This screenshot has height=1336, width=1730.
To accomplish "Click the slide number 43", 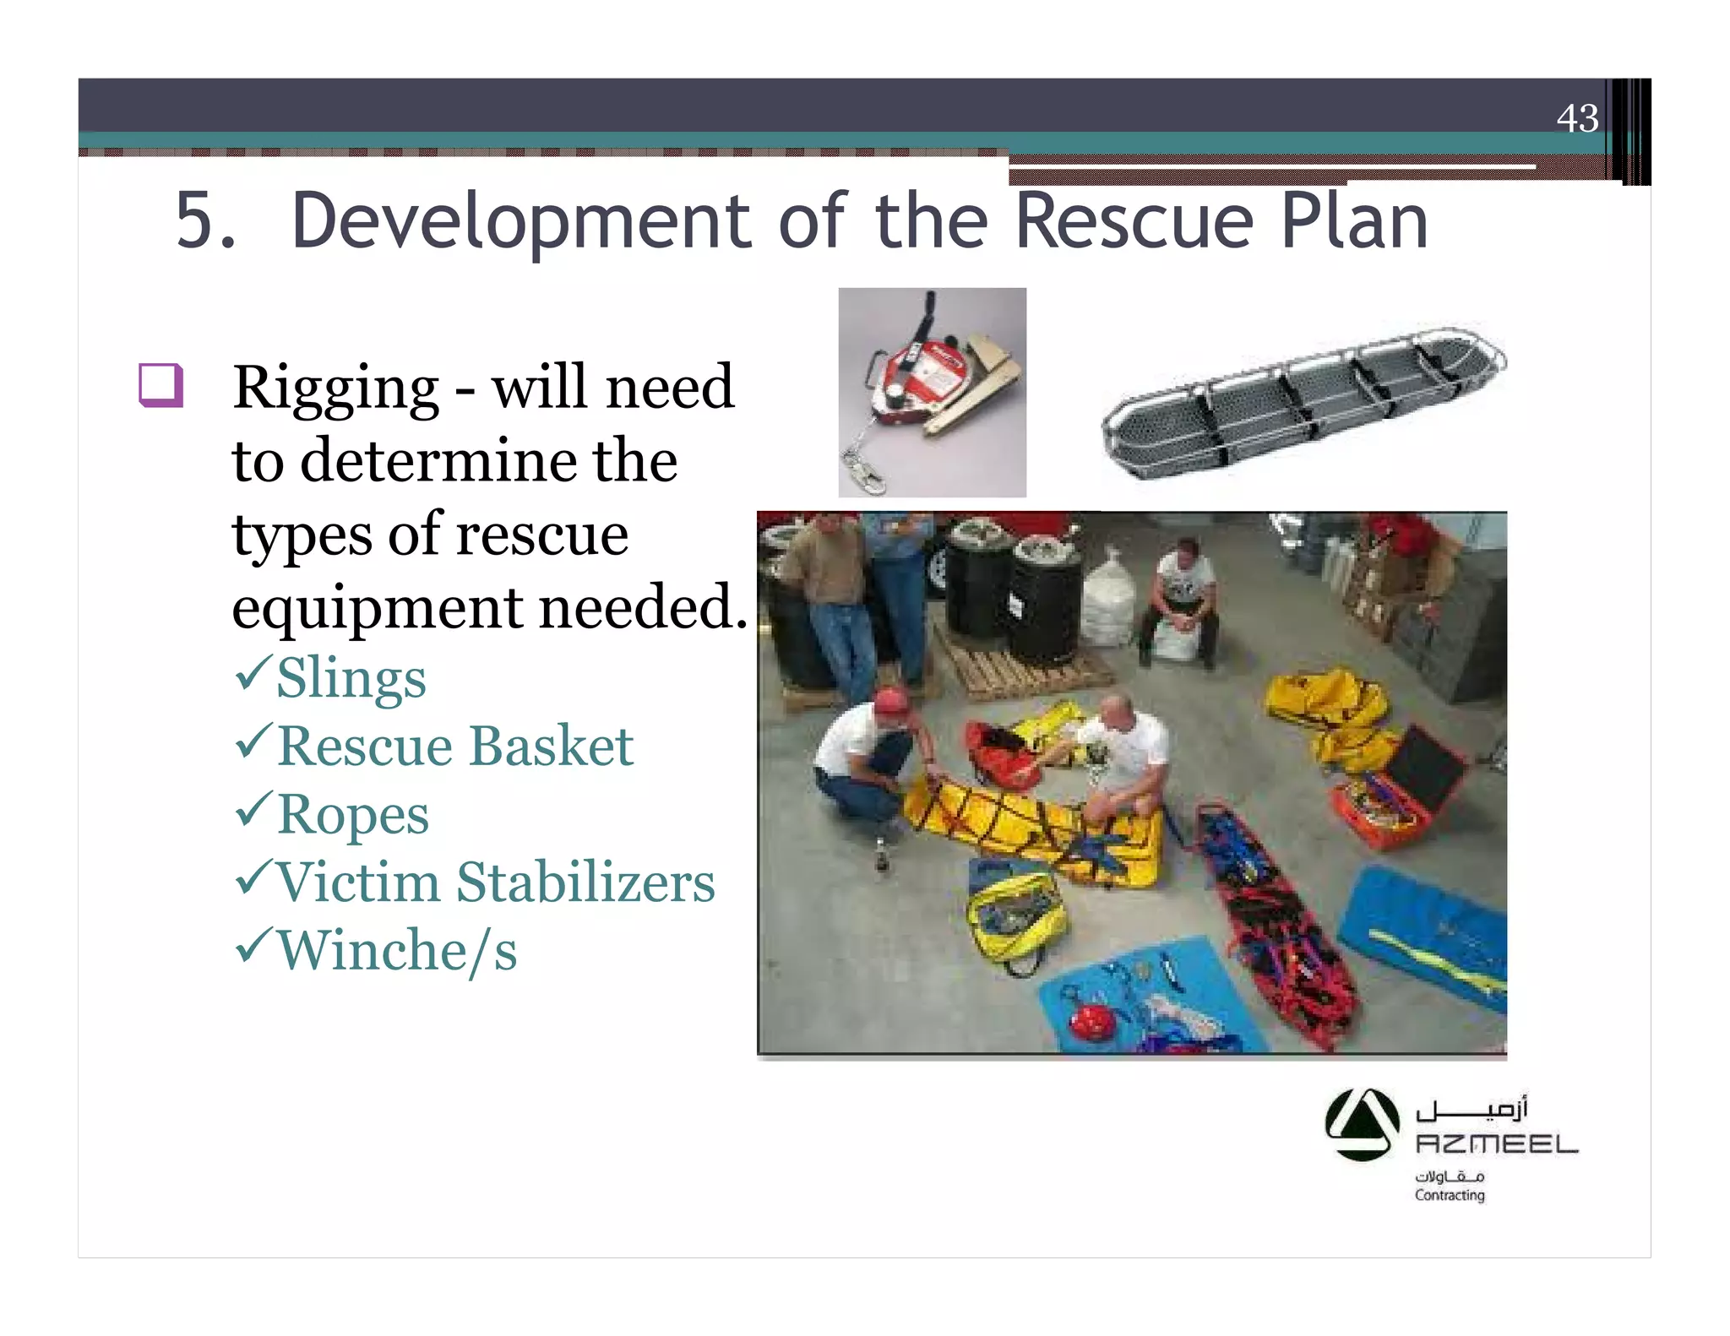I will click(x=1577, y=118).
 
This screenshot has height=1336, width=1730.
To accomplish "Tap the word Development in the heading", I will click(x=521, y=221).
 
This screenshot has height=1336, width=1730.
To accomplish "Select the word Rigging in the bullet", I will click(x=335, y=388).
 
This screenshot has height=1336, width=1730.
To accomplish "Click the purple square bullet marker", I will click(x=160, y=385).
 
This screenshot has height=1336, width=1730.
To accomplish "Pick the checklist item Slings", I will click(x=351, y=678).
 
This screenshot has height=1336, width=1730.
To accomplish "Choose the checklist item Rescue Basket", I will click(x=454, y=747).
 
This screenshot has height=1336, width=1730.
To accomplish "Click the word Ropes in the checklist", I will click(x=352, y=815).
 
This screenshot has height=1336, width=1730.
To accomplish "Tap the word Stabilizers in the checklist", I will click(x=585, y=883).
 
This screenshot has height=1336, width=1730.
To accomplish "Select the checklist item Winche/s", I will click(x=396, y=951).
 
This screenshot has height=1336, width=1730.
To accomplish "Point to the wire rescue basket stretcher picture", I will click(x=1303, y=400).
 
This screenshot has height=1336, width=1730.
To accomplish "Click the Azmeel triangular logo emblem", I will click(x=1362, y=1124).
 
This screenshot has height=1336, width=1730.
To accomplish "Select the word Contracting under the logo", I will click(x=1450, y=1195).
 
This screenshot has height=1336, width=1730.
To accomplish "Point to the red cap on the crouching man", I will click(x=893, y=700).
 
